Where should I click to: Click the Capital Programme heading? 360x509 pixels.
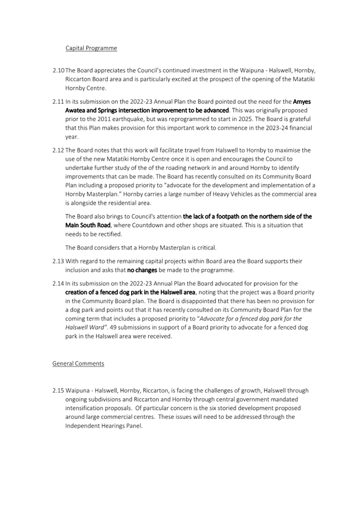coord(91,48)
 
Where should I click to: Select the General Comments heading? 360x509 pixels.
coord(78,363)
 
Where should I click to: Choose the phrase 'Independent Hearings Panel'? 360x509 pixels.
coord(104,426)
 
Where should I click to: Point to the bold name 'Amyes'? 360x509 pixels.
coord(302,101)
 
